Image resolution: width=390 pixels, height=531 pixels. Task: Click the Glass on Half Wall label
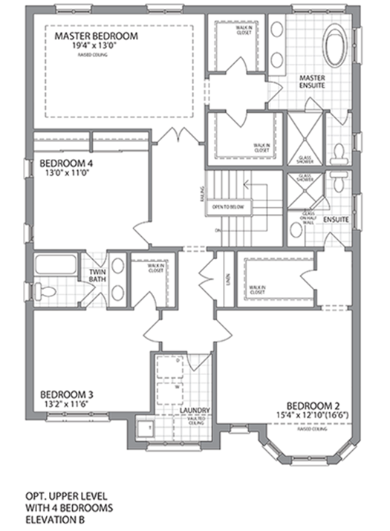(309, 218)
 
